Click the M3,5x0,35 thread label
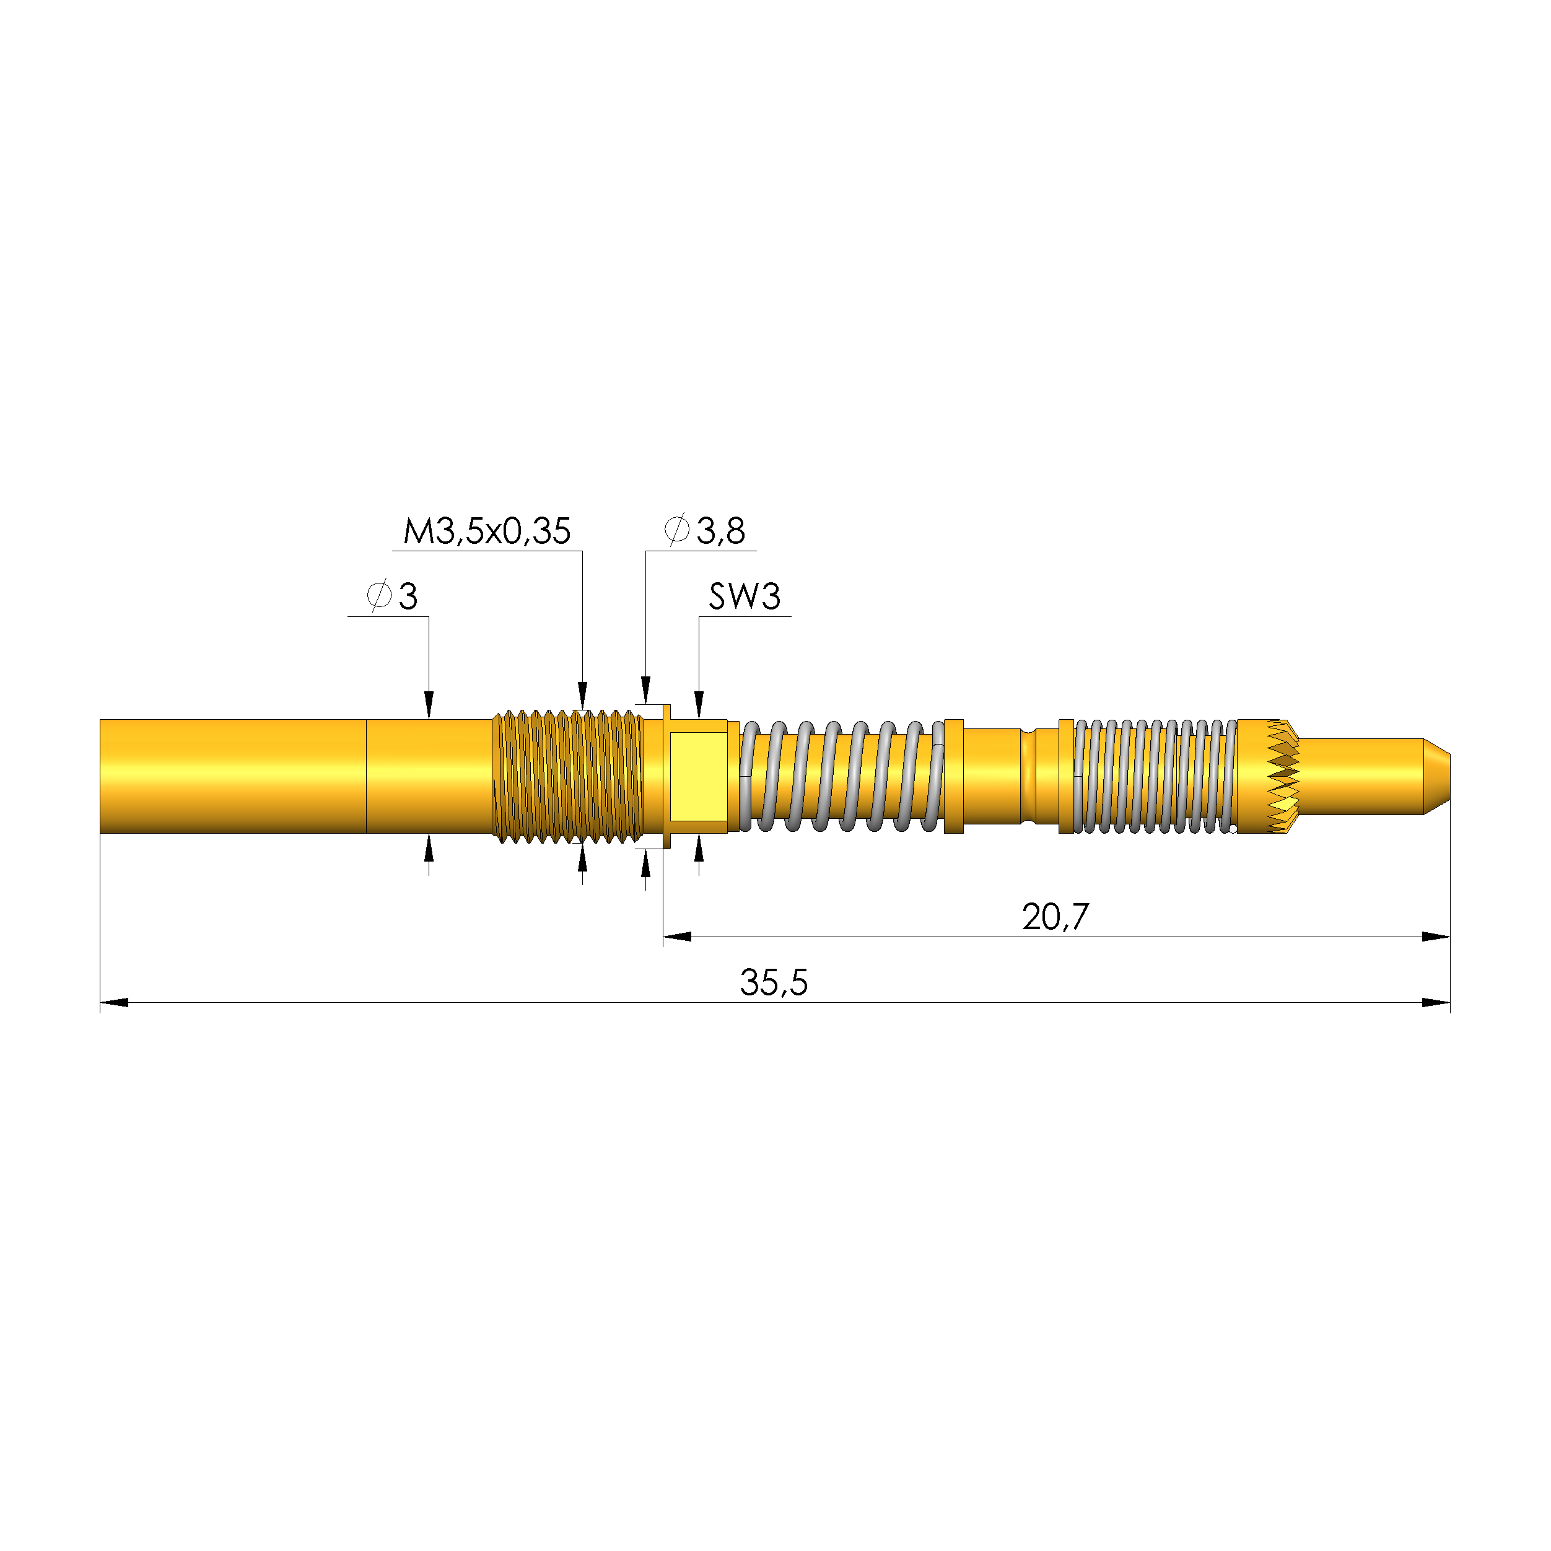tap(486, 531)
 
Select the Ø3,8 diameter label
tap(705, 531)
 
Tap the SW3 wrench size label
tap(744, 596)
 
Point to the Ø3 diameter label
tap(391, 596)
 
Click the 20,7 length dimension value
tap(1055, 917)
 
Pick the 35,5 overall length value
tap(774, 982)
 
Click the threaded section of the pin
tap(567, 776)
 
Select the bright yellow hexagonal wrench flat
tap(699, 776)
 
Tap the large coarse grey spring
tap(841, 776)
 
